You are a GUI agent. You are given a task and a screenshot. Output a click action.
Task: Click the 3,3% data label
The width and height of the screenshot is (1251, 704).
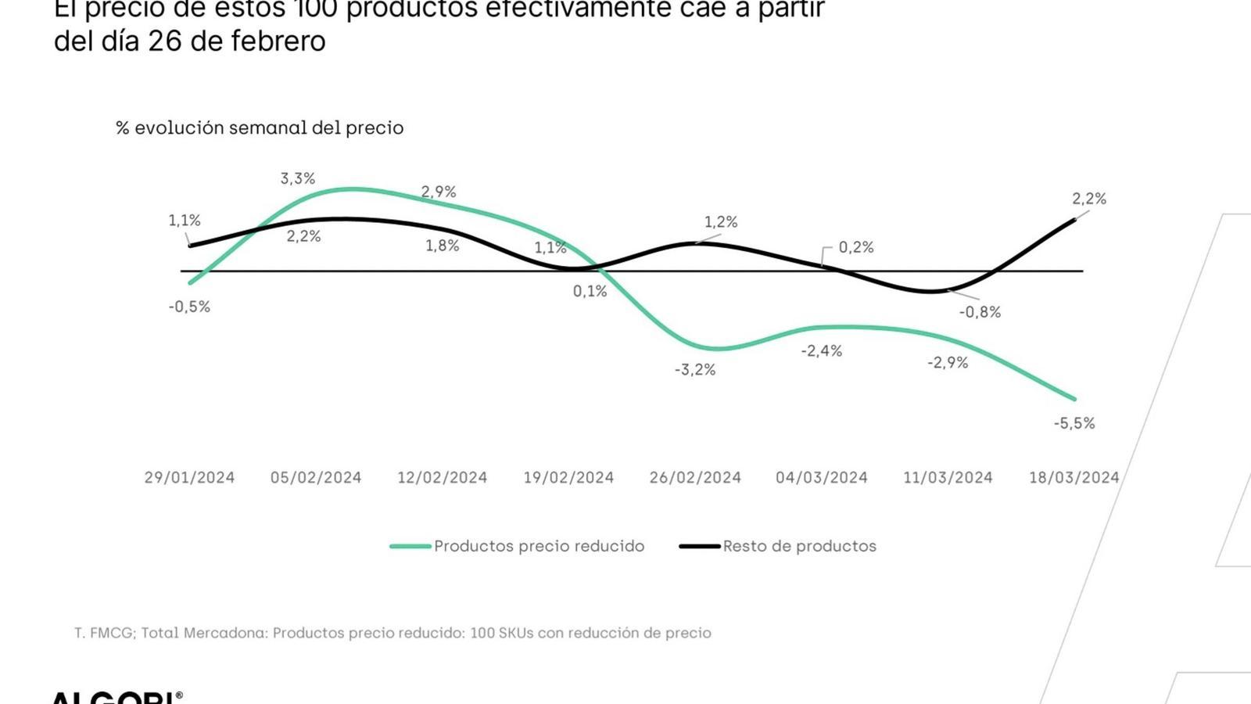click(x=298, y=179)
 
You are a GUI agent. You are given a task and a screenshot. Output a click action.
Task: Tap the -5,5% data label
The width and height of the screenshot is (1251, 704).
click(x=1074, y=423)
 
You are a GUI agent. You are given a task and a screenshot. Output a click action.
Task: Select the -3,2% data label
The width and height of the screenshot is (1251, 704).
click(x=695, y=369)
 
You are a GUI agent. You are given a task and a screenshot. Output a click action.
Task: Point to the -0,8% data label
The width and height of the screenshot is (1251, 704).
click(x=980, y=312)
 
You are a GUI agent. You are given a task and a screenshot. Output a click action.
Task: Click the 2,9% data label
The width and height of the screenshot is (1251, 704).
click(x=439, y=192)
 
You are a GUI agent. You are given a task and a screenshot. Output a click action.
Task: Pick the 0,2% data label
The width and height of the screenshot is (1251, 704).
click(x=856, y=247)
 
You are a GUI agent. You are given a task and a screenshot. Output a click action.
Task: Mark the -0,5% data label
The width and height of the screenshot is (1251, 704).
click(x=189, y=307)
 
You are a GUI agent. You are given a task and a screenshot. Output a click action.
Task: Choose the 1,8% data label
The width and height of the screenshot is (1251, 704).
click(x=442, y=246)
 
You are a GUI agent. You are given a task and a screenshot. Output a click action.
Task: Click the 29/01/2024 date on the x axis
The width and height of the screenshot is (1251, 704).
click(x=189, y=477)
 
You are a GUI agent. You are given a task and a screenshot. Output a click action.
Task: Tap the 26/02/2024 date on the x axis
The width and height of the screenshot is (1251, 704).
click(x=695, y=477)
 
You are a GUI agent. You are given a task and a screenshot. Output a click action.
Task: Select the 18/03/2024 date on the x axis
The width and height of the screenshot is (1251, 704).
click(x=1074, y=477)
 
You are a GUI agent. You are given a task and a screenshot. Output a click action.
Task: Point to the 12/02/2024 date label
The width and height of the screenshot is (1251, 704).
click(x=442, y=477)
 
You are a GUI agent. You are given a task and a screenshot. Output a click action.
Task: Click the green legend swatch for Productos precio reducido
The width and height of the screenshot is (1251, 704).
click(x=410, y=546)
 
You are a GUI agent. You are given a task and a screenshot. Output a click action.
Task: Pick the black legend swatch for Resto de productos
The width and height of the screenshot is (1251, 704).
click(x=700, y=546)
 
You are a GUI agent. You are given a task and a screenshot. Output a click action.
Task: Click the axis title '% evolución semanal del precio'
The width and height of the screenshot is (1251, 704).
click(x=260, y=128)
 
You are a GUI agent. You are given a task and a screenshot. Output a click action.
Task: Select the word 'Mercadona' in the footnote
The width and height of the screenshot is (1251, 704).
click(x=224, y=633)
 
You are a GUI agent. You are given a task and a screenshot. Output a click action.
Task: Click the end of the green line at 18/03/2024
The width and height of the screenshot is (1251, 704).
click(x=1074, y=399)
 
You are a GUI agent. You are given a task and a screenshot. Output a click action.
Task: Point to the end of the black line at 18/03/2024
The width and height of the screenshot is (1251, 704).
click(x=1074, y=220)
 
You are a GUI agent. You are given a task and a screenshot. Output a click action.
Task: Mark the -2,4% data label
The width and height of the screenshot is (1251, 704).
click(x=821, y=351)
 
